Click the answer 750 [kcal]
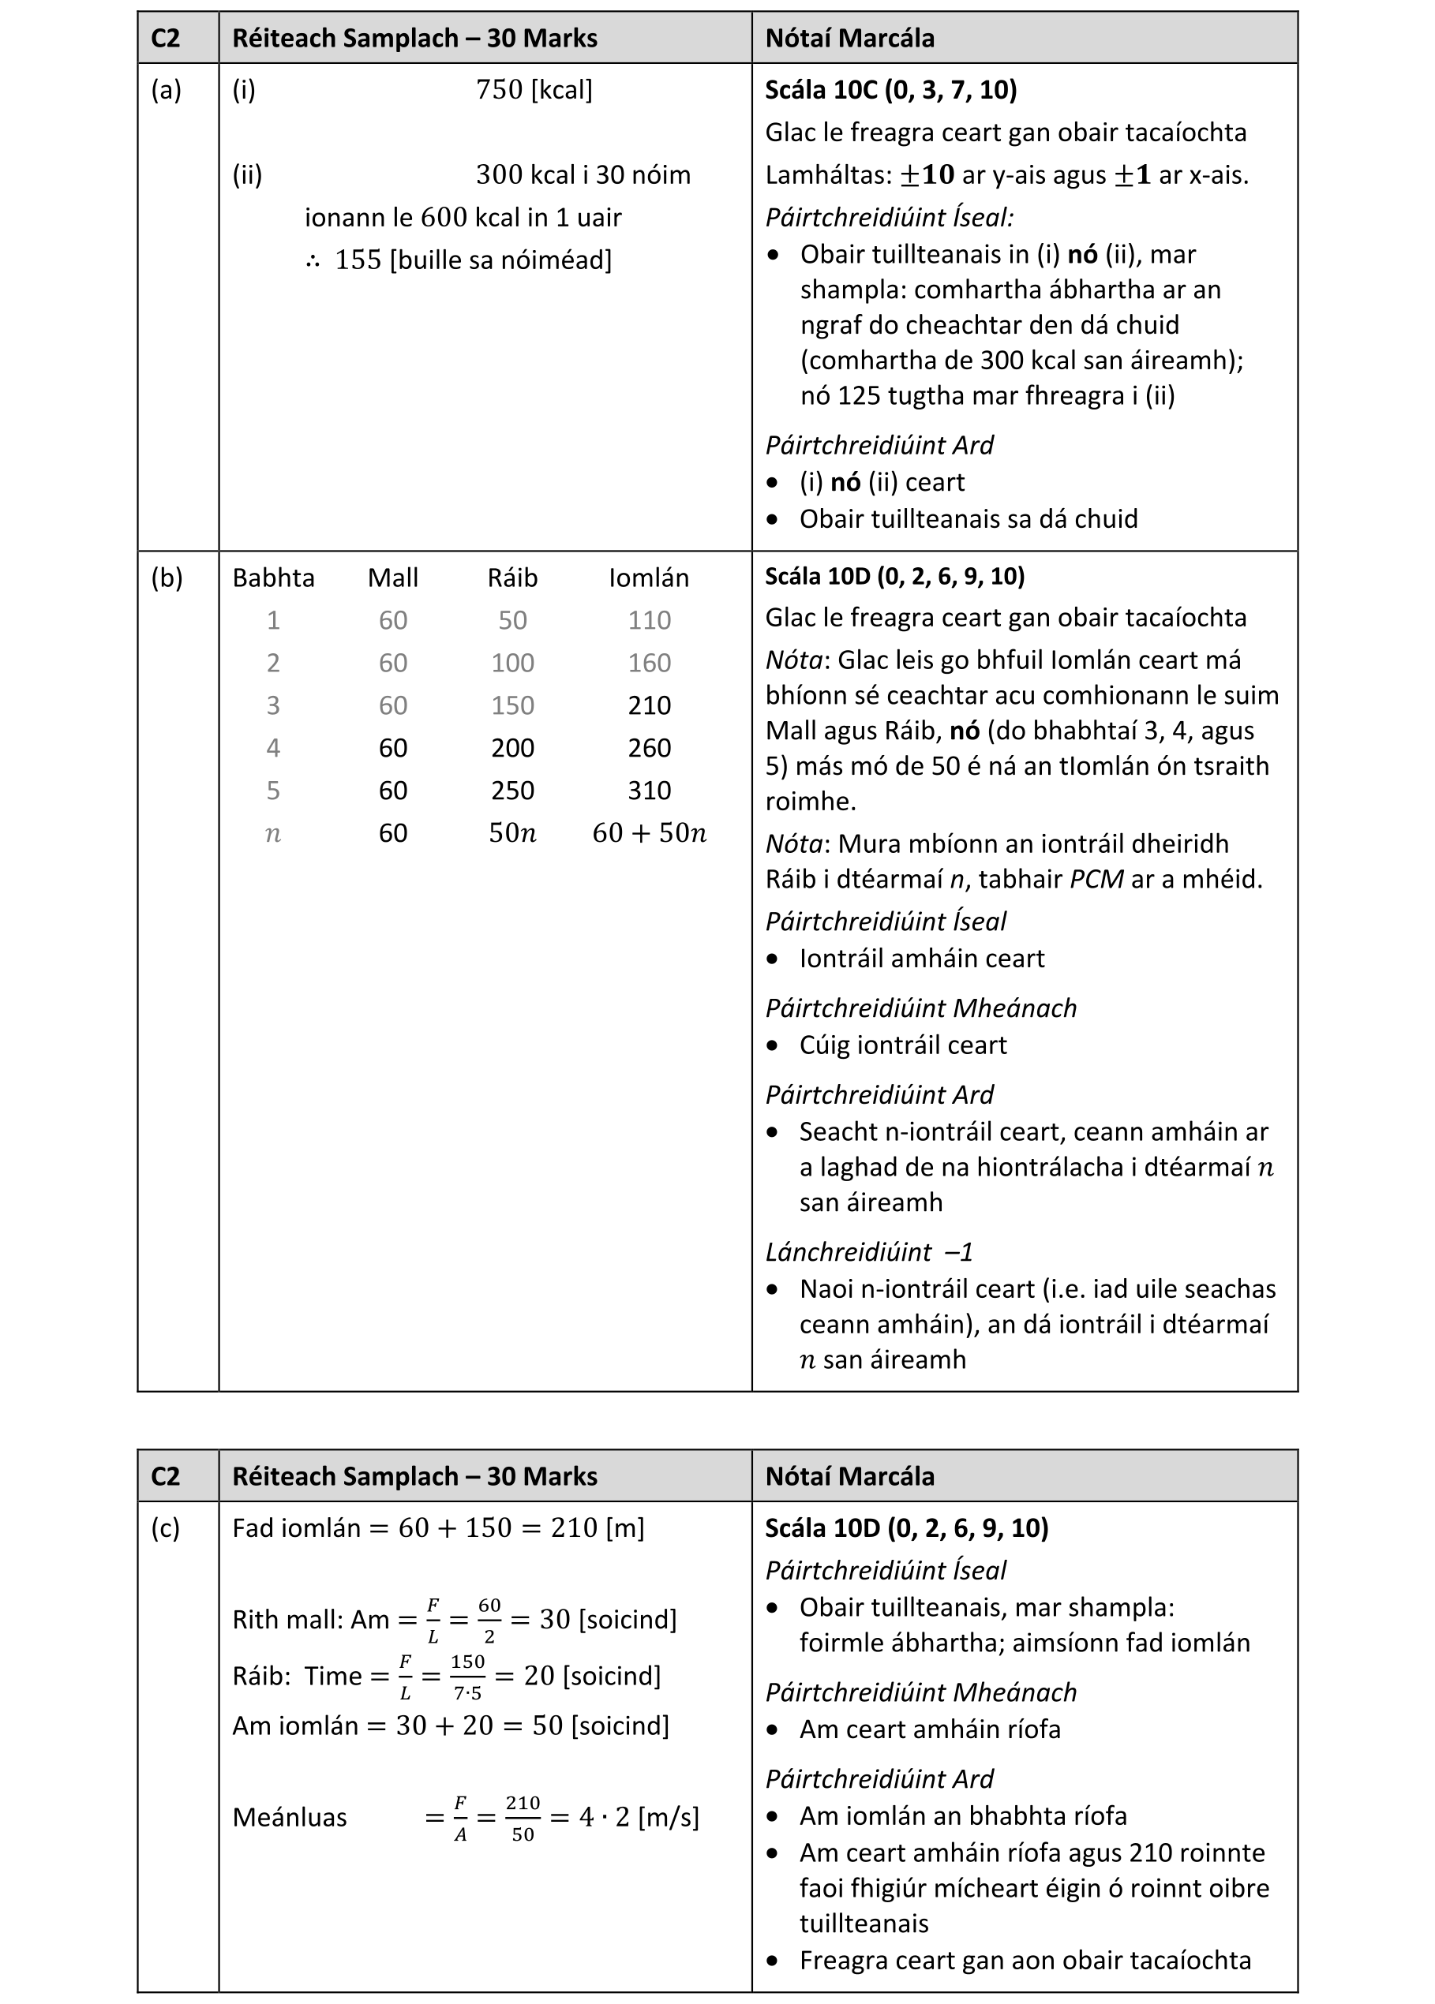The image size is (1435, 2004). [x=534, y=90]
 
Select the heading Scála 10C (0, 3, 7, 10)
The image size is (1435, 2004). [x=890, y=90]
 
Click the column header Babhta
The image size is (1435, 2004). [x=273, y=578]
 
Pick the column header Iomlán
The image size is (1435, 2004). [x=649, y=578]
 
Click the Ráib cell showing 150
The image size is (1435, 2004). [x=512, y=705]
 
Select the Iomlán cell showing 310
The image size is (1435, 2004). [x=650, y=791]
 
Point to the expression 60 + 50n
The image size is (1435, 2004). [x=650, y=833]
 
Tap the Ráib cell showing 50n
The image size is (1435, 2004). [x=512, y=833]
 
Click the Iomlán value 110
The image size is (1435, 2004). [x=650, y=621]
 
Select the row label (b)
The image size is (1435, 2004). [x=167, y=578]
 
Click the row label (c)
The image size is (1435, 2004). [x=165, y=1528]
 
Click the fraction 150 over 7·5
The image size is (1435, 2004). [x=467, y=1677]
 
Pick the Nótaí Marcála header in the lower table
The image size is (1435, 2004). [x=849, y=1476]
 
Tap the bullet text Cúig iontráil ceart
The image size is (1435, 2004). [x=902, y=1045]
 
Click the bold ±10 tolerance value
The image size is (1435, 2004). [x=927, y=175]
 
